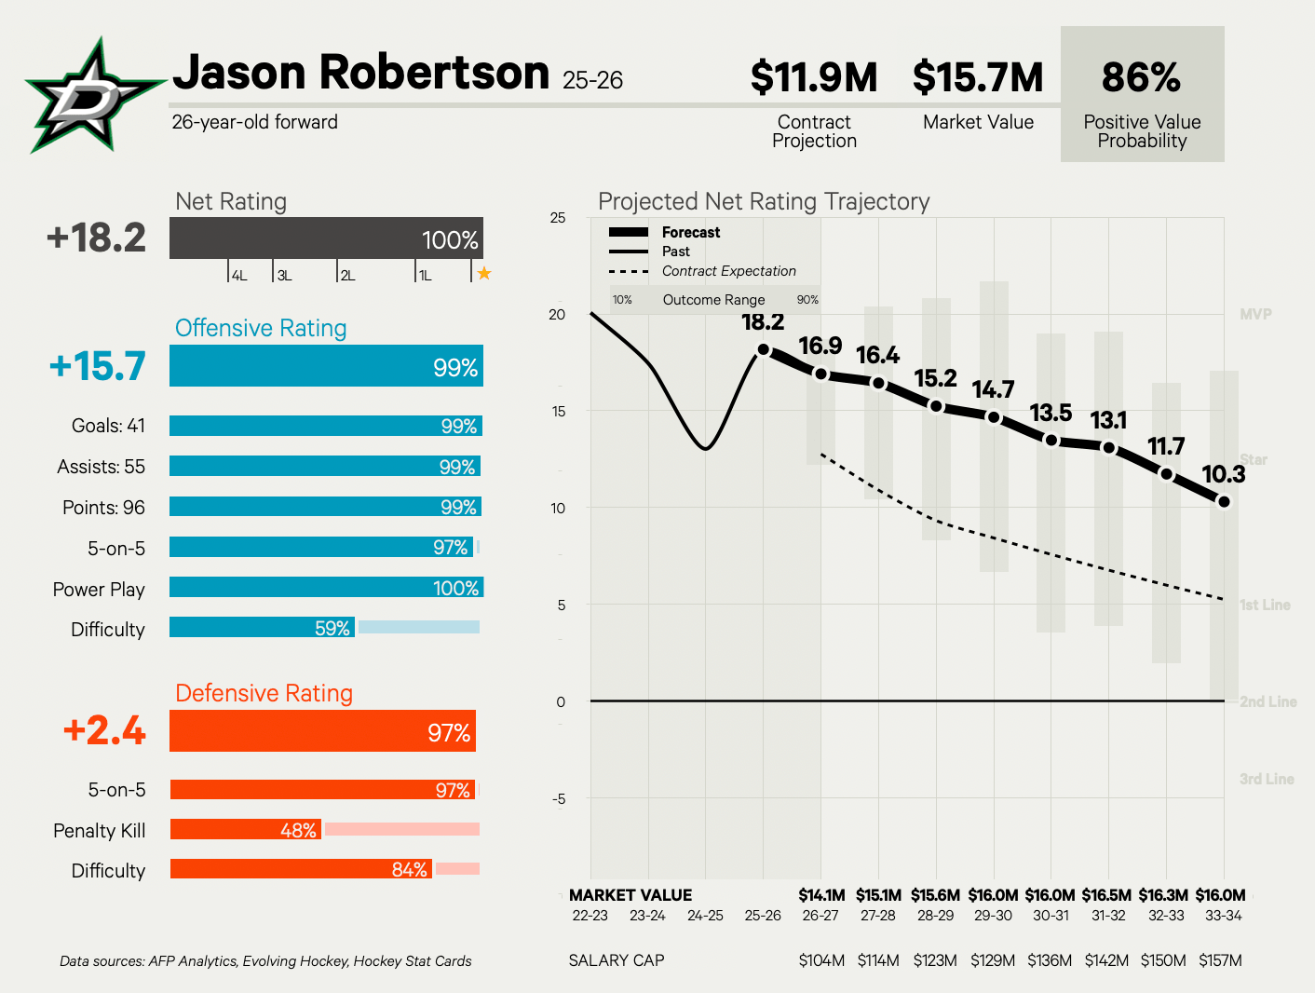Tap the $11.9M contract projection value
(814, 77)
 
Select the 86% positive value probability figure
(1141, 77)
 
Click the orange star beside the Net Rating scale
(484, 273)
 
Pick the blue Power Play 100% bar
(326, 588)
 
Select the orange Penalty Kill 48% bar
(246, 829)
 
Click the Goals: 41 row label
(108, 426)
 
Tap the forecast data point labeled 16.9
(820, 374)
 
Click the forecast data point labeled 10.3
(1224, 502)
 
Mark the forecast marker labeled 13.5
(1051, 440)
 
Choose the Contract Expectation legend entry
(728, 271)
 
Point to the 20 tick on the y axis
(557, 315)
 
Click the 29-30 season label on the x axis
(993, 916)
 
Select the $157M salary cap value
(1220, 960)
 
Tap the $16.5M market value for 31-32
(1106, 895)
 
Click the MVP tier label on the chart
(1255, 315)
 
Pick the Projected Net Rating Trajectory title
(764, 201)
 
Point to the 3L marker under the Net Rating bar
(283, 276)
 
